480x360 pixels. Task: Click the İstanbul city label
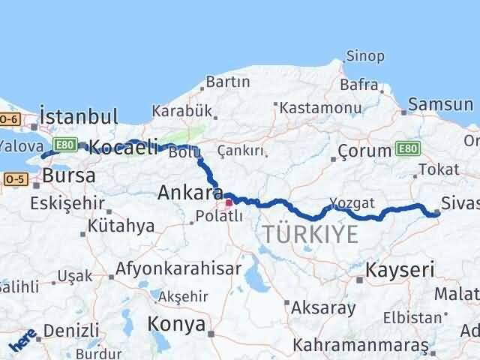(x=79, y=116)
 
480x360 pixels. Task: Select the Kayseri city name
(x=400, y=268)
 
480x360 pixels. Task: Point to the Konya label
(x=176, y=324)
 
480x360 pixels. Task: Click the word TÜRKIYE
(x=310, y=235)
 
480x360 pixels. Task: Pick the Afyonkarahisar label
(x=178, y=268)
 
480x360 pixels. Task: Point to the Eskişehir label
(x=59, y=202)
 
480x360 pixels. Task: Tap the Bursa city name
(x=69, y=176)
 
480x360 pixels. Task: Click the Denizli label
(x=71, y=330)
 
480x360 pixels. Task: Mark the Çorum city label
(x=364, y=151)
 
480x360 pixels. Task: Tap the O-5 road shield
(x=14, y=179)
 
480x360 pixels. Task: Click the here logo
(x=22, y=344)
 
